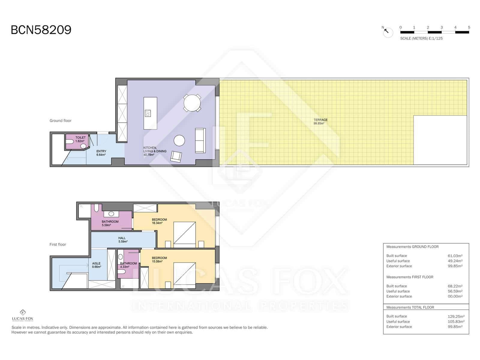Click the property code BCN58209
(41, 30)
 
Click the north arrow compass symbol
(388, 32)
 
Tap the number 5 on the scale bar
(469, 27)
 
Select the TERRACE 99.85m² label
(320, 121)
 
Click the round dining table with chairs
(192, 103)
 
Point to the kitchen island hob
(148, 113)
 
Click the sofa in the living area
(200, 140)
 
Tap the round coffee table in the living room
(179, 140)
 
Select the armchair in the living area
(176, 157)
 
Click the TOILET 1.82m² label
(80, 139)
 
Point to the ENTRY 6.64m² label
(101, 153)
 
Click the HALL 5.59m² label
(122, 240)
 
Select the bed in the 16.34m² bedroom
(184, 232)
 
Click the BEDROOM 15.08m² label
(159, 259)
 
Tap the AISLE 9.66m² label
(96, 265)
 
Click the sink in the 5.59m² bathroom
(111, 214)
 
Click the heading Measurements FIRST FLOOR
(409, 277)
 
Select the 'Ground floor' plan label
(60, 121)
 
